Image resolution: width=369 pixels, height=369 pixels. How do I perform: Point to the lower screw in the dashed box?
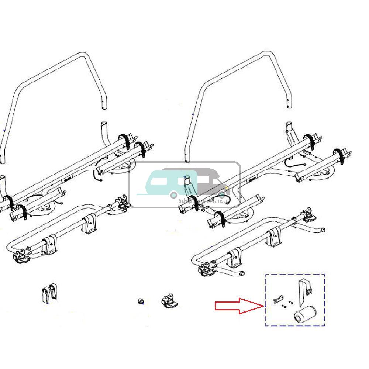click(x=284, y=306)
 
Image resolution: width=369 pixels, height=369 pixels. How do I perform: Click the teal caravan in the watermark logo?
click(x=162, y=183)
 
